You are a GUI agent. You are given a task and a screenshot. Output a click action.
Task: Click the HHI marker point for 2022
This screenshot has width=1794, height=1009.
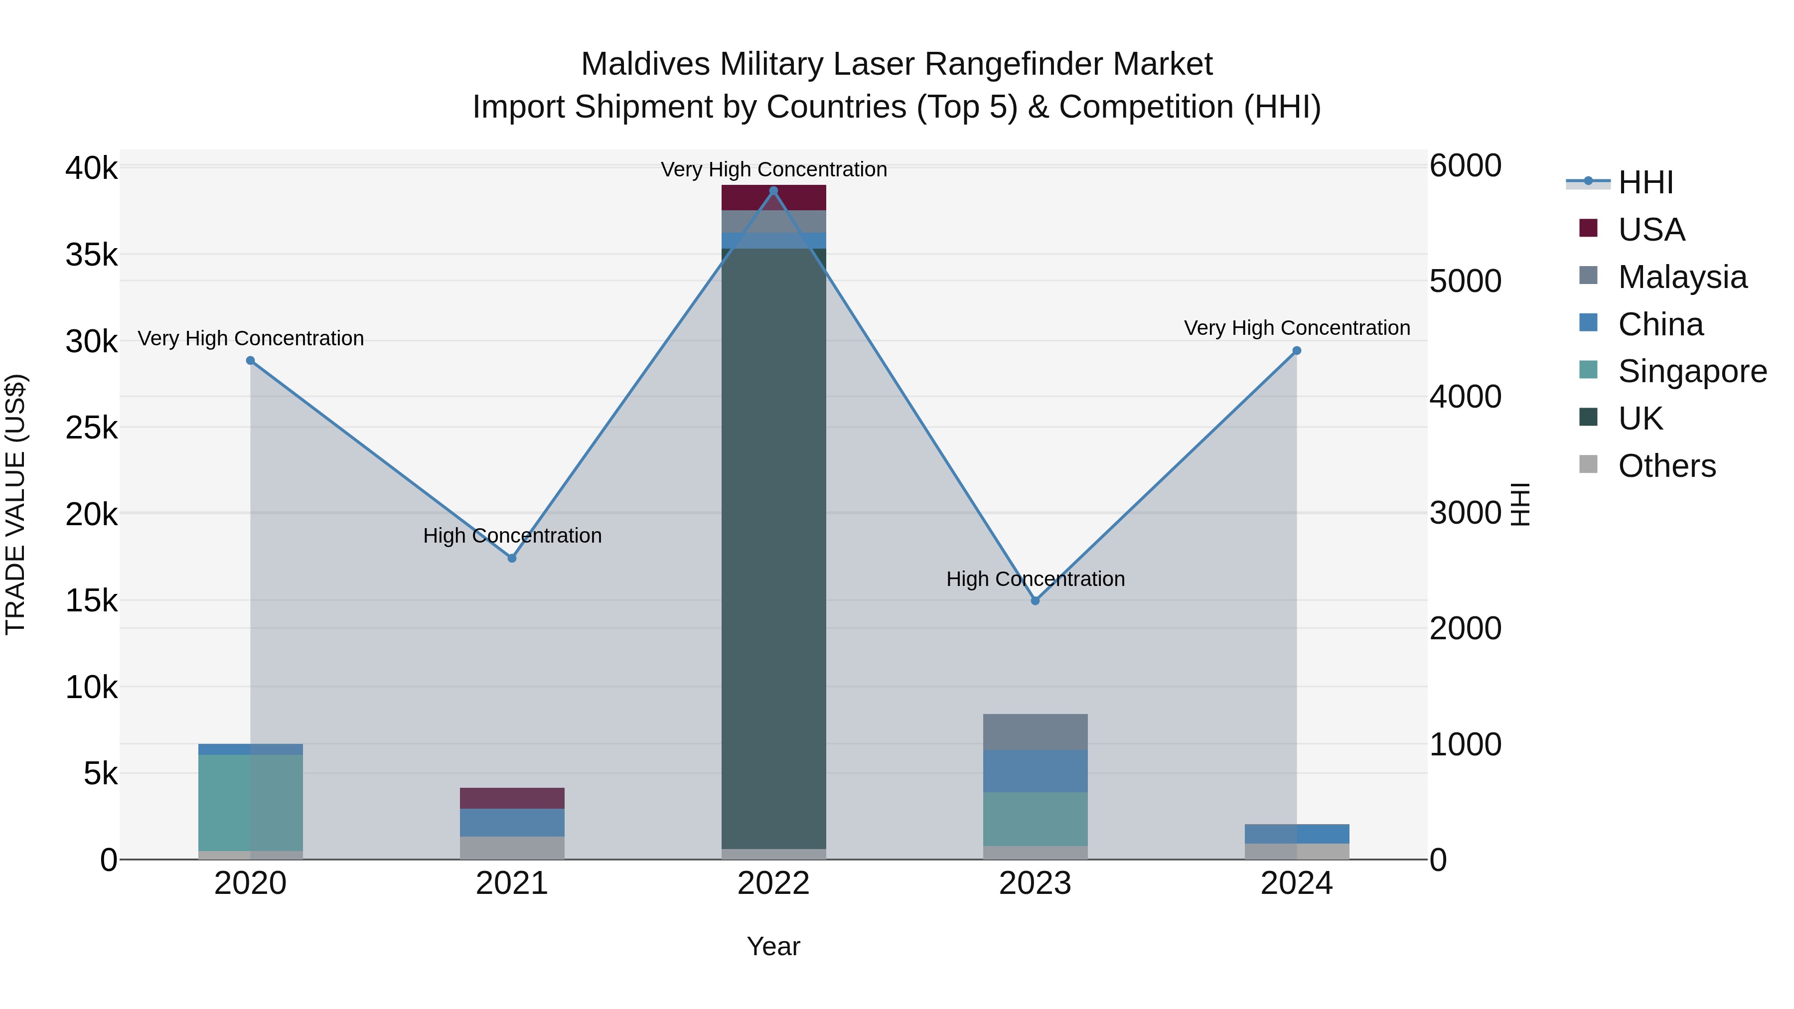coord(773,191)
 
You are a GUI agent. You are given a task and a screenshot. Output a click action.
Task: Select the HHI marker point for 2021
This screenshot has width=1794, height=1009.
coord(512,558)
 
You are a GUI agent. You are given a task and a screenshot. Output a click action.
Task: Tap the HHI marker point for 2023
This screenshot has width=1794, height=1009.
coord(1035,600)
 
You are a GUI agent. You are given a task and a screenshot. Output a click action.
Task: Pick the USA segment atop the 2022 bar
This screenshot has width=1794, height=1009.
coord(773,198)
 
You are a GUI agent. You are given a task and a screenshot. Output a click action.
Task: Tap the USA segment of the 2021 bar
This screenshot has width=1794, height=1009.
coord(512,798)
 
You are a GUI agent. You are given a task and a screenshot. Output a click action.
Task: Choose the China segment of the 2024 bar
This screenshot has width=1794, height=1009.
coord(1297,834)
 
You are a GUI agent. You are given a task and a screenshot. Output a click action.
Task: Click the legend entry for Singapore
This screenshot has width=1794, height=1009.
coord(1692,371)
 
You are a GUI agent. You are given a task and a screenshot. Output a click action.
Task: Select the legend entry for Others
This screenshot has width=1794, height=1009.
coord(1666,466)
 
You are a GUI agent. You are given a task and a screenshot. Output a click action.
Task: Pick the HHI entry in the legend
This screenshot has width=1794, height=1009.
coord(1645,182)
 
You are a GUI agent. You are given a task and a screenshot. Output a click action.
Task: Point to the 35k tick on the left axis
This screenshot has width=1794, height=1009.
coord(91,255)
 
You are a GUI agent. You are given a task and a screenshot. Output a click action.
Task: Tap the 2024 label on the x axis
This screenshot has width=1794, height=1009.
coord(1296,883)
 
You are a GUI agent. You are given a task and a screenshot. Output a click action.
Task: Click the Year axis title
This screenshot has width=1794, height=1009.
coord(773,946)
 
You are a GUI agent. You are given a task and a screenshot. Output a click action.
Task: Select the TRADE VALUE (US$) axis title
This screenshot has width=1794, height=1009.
coord(15,504)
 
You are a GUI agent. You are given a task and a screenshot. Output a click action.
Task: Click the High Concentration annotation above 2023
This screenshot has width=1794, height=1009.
coord(1035,578)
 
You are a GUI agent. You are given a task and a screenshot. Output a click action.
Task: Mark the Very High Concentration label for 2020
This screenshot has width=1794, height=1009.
coord(251,338)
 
